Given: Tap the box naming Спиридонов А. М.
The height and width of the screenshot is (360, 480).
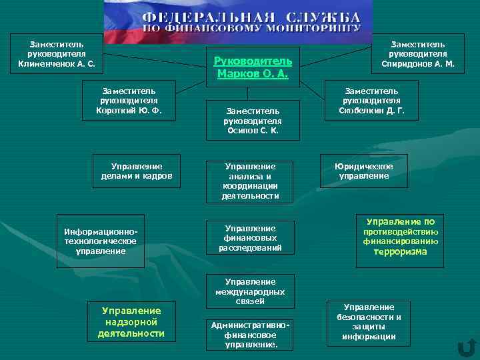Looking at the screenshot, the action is click(417, 54).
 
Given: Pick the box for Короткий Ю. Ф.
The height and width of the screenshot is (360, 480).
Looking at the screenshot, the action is click(129, 100).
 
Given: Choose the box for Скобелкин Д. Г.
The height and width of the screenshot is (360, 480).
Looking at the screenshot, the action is click(371, 100).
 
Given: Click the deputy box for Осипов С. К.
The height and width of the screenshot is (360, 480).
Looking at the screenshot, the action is click(253, 121).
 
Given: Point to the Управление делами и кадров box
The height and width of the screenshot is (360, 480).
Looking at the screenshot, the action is click(137, 171).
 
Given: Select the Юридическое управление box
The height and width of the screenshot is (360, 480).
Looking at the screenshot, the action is click(364, 171).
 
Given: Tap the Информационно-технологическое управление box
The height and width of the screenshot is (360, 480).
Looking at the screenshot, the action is click(101, 241).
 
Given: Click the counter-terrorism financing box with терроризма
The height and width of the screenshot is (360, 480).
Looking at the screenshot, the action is click(400, 237).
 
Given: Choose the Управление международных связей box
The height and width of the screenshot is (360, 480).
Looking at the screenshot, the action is click(250, 291).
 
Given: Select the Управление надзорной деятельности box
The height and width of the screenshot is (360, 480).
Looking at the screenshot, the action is click(131, 321).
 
